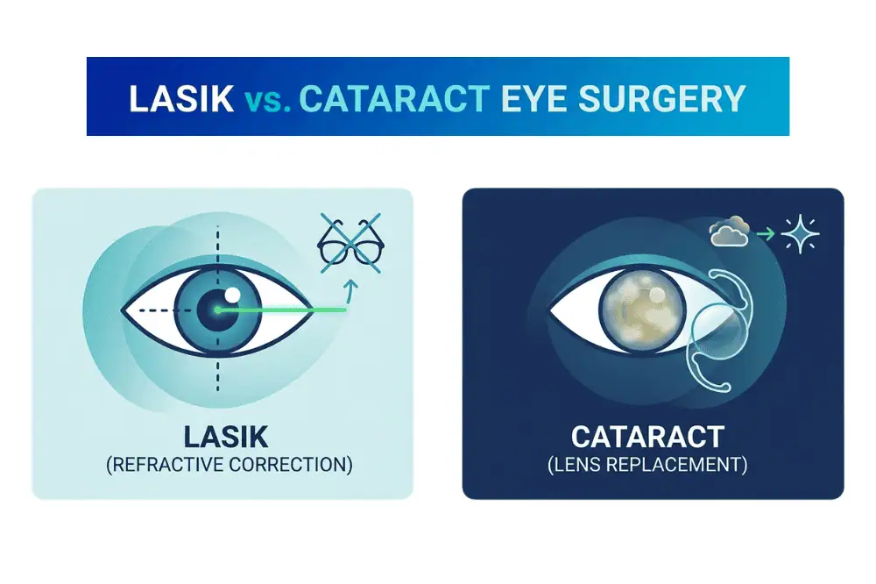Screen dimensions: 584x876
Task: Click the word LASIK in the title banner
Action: [180, 97]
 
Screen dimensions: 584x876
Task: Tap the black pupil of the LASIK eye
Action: [215, 311]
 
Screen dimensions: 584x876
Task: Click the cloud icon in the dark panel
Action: [730, 234]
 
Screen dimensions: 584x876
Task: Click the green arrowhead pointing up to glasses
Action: [350, 285]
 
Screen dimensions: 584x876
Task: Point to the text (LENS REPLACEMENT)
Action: [647, 464]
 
